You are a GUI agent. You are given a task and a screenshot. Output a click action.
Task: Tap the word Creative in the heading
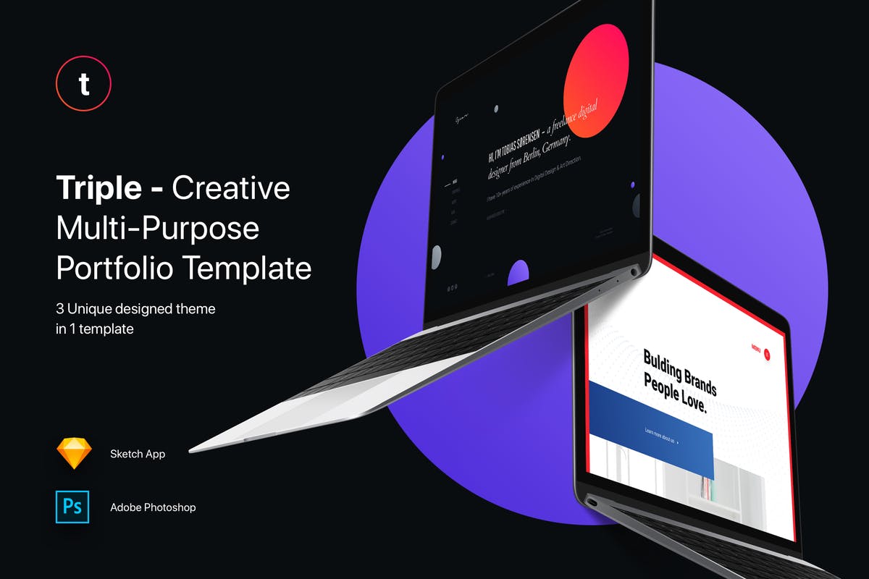231,188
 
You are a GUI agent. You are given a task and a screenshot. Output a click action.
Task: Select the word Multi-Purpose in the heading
158,229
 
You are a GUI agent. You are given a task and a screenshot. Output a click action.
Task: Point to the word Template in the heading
247,269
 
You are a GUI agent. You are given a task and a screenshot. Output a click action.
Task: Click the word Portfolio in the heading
114,269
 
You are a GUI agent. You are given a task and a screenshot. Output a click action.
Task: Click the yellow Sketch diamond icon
75,454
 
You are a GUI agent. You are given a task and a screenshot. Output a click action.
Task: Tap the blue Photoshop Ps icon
72,507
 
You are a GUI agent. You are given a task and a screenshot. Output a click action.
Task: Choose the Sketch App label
138,455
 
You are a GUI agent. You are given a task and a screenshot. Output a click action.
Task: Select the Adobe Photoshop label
153,507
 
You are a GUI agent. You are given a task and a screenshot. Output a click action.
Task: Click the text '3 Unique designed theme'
135,309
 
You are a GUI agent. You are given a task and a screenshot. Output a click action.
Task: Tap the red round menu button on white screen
768,354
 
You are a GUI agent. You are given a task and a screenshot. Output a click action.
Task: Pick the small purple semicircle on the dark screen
518,273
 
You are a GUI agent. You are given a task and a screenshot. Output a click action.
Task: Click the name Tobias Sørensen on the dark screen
521,144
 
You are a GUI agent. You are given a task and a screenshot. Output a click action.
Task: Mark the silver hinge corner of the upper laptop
635,271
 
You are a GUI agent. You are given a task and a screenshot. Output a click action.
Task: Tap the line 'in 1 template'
95,328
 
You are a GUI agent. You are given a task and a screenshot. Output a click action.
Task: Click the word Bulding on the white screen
662,364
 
